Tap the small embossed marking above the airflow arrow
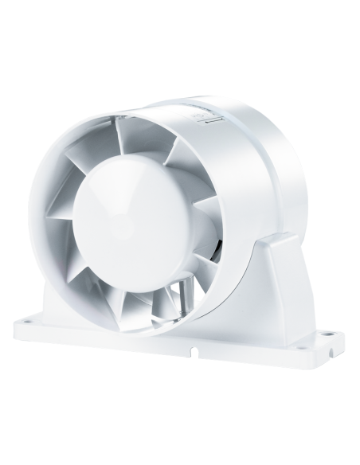coord(199,114)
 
